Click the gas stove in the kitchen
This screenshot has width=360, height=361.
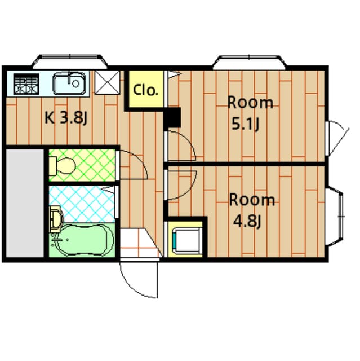[26, 84]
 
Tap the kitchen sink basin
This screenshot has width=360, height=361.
[69, 83]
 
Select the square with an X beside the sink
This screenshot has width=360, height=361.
[107, 82]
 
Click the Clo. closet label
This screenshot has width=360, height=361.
[145, 90]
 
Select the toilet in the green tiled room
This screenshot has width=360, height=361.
[63, 166]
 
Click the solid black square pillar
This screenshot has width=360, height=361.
[172, 117]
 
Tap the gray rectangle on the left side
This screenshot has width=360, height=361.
[25, 203]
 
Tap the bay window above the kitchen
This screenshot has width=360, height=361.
[70, 61]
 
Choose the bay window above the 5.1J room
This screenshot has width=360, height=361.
[249, 62]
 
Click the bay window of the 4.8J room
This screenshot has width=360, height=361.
[335, 217]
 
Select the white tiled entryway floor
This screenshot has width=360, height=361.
[139, 243]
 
